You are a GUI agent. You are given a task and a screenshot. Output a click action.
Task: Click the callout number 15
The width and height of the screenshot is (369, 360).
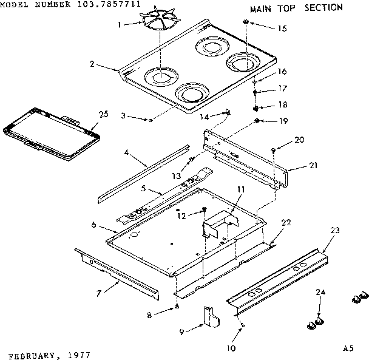tap(282, 29)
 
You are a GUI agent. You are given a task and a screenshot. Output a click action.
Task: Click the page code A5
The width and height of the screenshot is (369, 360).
tap(348, 348)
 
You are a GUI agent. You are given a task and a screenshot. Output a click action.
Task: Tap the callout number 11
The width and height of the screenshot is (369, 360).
tap(241, 190)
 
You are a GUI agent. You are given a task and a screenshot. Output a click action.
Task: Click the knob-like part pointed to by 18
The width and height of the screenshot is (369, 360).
tap(256, 109)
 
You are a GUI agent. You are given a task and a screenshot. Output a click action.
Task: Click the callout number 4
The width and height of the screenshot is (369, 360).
tap(126, 153)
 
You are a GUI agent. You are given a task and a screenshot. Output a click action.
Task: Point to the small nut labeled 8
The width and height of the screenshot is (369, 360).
tap(176, 307)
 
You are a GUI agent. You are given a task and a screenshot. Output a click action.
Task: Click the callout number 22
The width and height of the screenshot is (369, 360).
tap(286, 223)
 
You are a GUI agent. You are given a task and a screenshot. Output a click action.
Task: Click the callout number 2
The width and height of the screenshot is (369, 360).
tap(91, 63)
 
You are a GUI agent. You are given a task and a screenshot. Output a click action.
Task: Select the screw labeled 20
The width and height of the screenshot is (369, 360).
tap(274, 148)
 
